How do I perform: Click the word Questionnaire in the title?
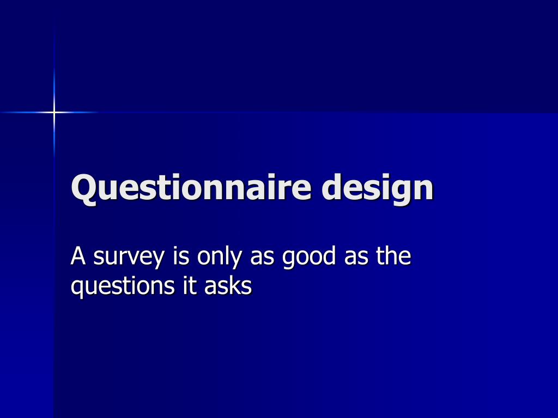click(x=191, y=188)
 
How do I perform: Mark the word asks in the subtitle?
click(x=228, y=285)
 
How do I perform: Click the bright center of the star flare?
click(x=54, y=113)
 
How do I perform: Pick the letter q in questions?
click(x=77, y=288)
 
